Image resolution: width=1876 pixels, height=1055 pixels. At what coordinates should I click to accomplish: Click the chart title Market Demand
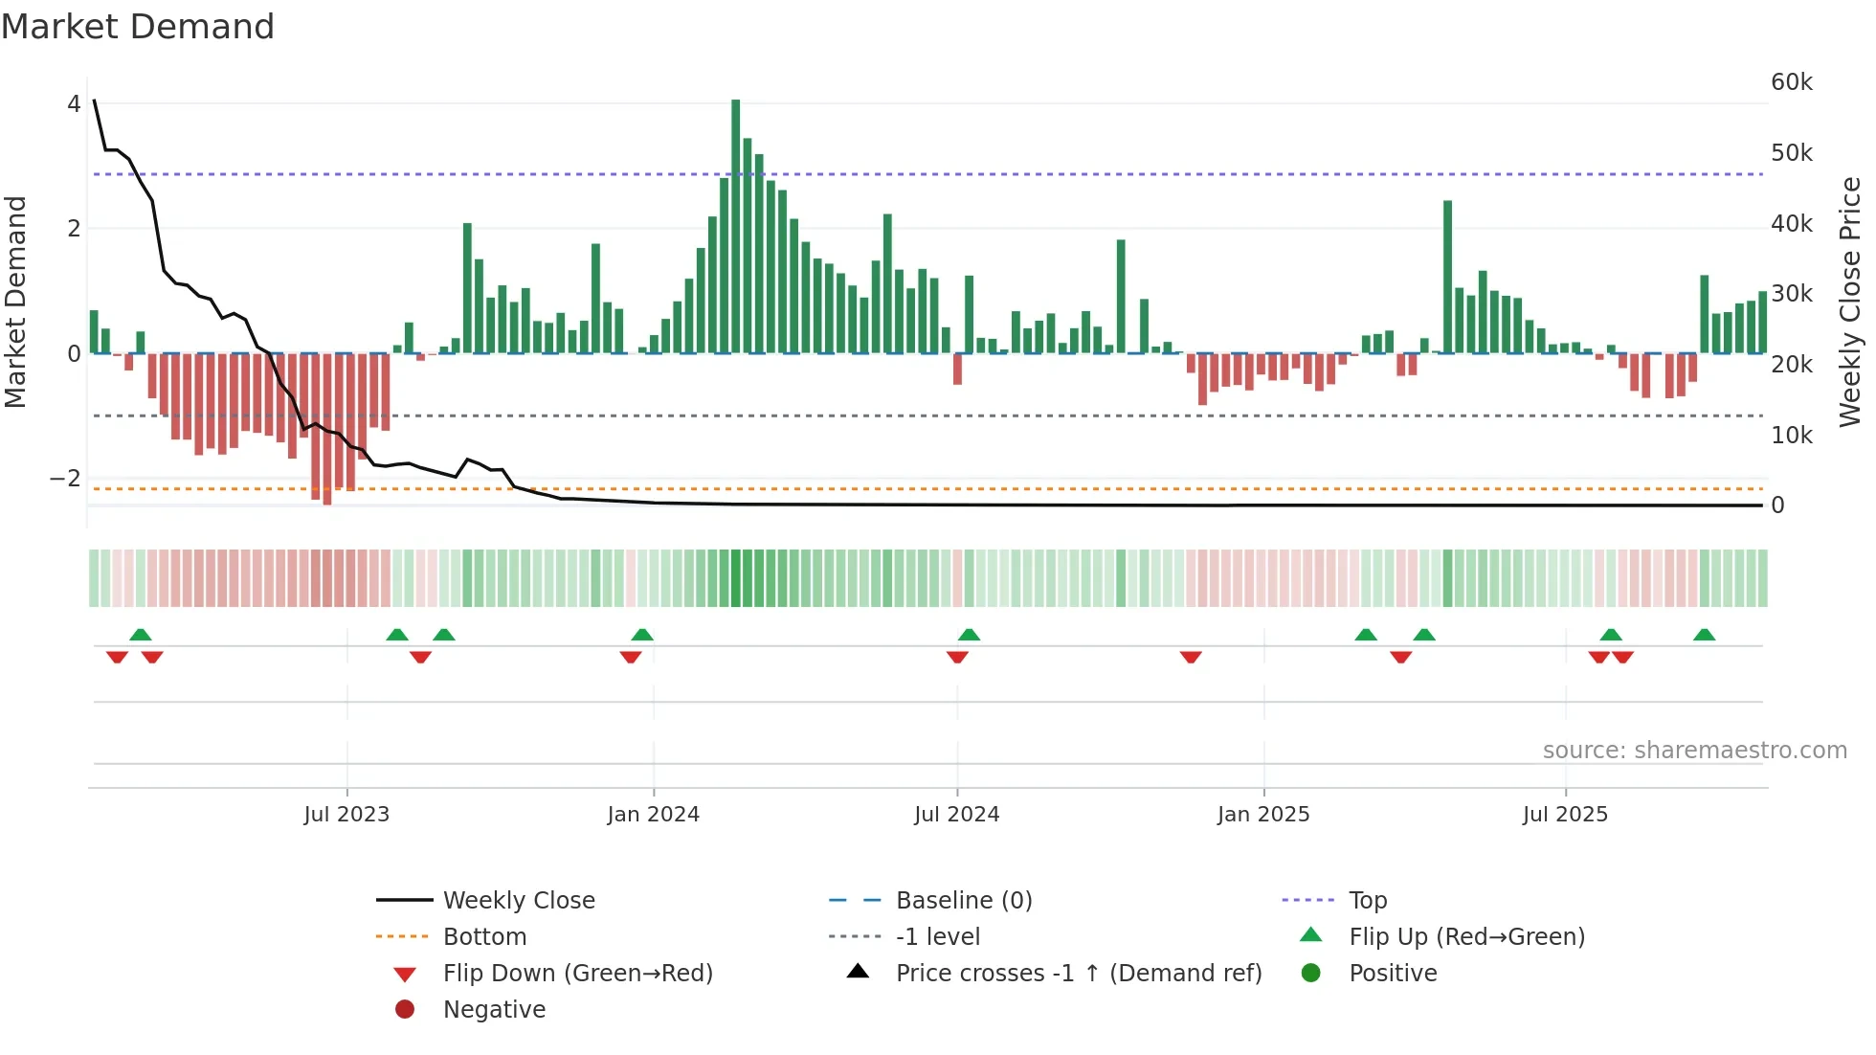pyautogui.click(x=138, y=27)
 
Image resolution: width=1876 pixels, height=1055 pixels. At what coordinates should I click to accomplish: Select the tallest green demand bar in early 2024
pyautogui.click(x=735, y=226)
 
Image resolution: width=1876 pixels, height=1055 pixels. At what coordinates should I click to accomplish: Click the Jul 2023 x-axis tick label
pyautogui.click(x=346, y=815)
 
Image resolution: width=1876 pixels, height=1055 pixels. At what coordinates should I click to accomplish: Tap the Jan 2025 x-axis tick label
pyautogui.click(x=1263, y=815)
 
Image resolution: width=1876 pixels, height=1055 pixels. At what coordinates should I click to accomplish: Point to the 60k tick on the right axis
pyautogui.click(x=1791, y=82)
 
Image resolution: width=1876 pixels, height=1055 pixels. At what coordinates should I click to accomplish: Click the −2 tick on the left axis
pyautogui.click(x=65, y=479)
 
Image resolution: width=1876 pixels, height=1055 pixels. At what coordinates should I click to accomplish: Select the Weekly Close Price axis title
pyautogui.click(x=1850, y=301)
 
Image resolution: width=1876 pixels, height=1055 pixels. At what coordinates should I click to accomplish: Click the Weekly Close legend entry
pyautogui.click(x=519, y=901)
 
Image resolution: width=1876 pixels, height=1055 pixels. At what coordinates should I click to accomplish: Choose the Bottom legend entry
pyautogui.click(x=484, y=937)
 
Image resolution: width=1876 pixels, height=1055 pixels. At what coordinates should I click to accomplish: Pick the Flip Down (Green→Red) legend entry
pyautogui.click(x=577, y=974)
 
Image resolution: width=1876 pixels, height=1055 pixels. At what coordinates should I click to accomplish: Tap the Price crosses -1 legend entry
pyautogui.click(x=1078, y=974)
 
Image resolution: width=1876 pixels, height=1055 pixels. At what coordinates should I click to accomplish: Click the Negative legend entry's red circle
pyautogui.click(x=405, y=1010)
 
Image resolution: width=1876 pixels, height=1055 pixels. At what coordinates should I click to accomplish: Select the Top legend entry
pyautogui.click(x=1368, y=901)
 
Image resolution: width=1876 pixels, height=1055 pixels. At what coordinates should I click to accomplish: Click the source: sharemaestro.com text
pyautogui.click(x=1694, y=751)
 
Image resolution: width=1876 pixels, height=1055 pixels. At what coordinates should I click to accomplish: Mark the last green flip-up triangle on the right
pyautogui.click(x=1704, y=635)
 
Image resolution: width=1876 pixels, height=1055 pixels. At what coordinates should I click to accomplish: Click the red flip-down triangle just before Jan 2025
pyautogui.click(x=1191, y=657)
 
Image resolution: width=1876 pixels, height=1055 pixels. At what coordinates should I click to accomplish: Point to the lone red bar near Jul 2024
pyautogui.click(x=957, y=369)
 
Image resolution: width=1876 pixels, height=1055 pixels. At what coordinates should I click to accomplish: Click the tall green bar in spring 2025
pyautogui.click(x=1447, y=278)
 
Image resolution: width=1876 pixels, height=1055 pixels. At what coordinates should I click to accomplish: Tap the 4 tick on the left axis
pyautogui.click(x=74, y=104)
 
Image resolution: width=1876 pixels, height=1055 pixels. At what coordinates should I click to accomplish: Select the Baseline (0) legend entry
pyautogui.click(x=964, y=901)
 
